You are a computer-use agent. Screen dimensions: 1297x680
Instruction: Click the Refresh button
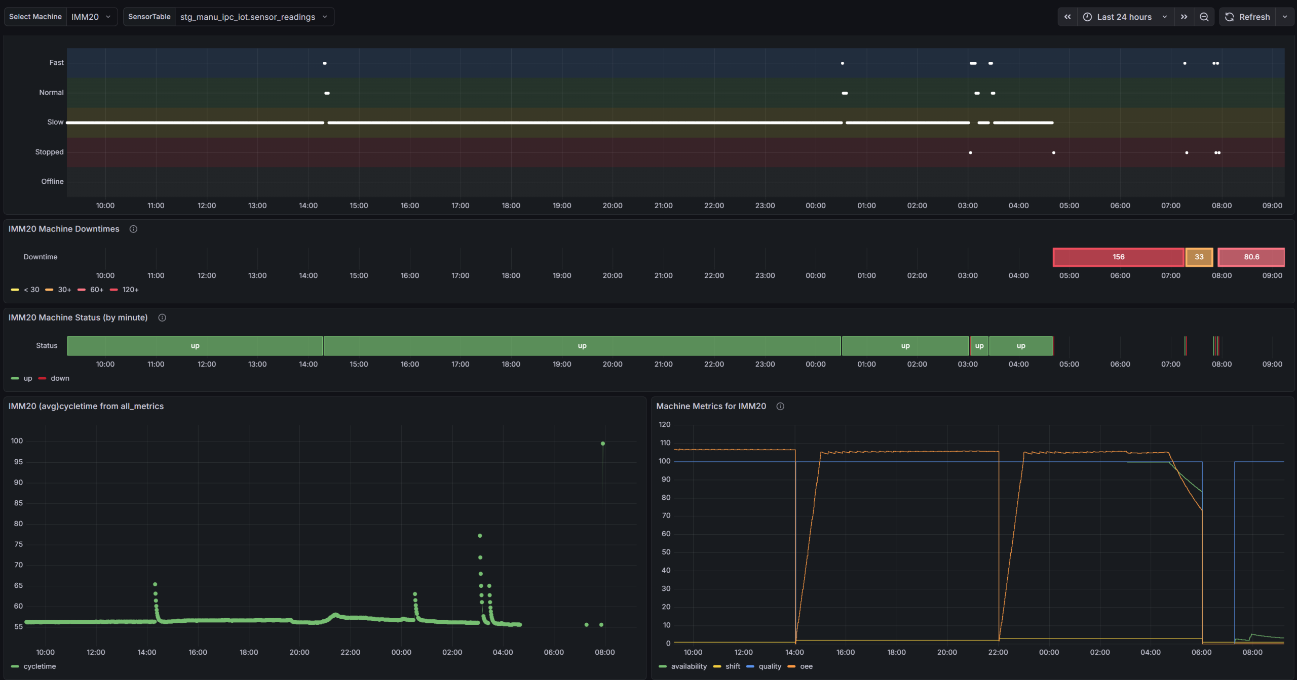pos(1247,17)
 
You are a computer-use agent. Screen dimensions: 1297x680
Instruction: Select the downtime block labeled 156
pos(1118,257)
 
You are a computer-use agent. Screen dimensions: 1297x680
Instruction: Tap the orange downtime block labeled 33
pos(1199,257)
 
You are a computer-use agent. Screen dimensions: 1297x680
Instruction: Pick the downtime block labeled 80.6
pos(1251,257)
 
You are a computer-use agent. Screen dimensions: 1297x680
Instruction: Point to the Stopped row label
pos(49,152)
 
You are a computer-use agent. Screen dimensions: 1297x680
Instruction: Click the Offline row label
pos(52,181)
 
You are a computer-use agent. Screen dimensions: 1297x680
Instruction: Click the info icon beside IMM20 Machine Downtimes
pos(133,229)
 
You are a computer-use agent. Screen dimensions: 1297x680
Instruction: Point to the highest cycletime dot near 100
pos(603,444)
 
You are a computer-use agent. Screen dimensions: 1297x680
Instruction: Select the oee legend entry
pos(800,666)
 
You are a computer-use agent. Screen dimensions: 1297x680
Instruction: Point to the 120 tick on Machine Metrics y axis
pos(664,424)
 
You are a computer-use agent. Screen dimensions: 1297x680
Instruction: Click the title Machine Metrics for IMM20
pos(711,406)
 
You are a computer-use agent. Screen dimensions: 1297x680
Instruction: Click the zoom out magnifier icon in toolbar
pos(1204,17)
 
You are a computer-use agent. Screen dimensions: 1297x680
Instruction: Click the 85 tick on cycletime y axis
pos(18,503)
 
